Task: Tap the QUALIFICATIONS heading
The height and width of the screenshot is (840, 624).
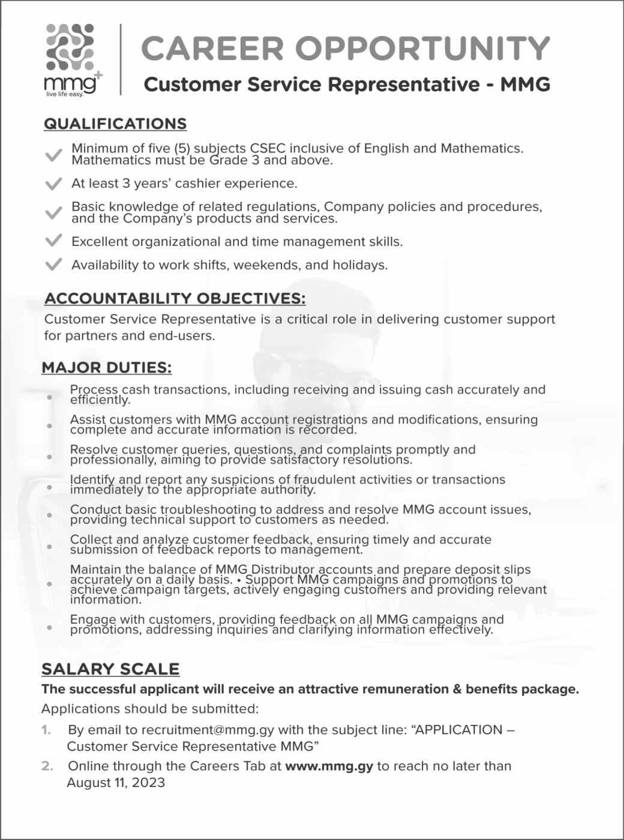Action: click(x=115, y=124)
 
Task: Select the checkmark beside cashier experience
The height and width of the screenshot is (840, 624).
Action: click(x=53, y=182)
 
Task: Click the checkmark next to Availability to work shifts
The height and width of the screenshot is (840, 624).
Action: click(x=53, y=264)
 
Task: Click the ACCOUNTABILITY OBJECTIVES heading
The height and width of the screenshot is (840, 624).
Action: click(x=175, y=298)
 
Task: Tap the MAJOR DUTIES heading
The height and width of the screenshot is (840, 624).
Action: click(x=107, y=367)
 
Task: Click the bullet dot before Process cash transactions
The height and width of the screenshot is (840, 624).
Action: click(x=50, y=397)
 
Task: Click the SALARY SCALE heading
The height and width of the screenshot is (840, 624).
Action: click(x=110, y=669)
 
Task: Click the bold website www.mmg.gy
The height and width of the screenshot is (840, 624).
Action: click(x=329, y=766)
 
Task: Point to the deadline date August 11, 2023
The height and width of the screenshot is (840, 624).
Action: click(x=115, y=782)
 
